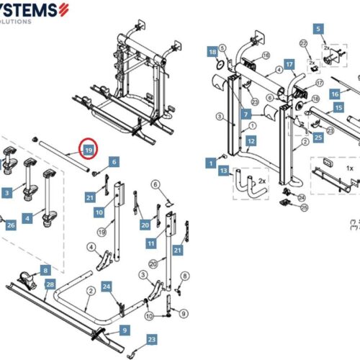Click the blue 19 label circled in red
[88, 150]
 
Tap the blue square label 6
[114, 163]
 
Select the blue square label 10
[99, 213]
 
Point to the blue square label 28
[50, 285]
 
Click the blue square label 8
[45, 270]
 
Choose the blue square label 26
[10, 225]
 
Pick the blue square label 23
[150, 338]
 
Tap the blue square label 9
[124, 330]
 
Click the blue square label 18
[212, 53]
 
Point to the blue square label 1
[212, 164]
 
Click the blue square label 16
[335, 94]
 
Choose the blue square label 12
[251, 141]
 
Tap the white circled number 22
[303, 44]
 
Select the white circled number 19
[102, 232]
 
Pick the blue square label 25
[318, 137]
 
